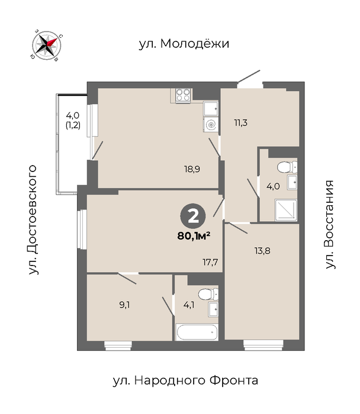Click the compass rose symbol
[47, 46]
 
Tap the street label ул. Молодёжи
[184, 44]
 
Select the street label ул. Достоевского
[33, 219]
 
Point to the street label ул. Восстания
[329, 224]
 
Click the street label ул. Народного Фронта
[185, 381]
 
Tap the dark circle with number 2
[193, 216]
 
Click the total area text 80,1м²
[194, 236]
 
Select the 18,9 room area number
[192, 169]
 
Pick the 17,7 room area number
[210, 262]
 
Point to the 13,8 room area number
[262, 251]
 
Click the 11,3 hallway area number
[240, 123]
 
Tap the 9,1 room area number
[124, 305]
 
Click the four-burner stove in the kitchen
[183, 95]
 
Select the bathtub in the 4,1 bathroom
[197, 332]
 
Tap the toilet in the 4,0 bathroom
[287, 167]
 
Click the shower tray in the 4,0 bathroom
[286, 210]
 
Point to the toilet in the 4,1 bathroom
[208, 294]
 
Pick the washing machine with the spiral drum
[211, 124]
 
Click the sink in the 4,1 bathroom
[213, 309]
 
